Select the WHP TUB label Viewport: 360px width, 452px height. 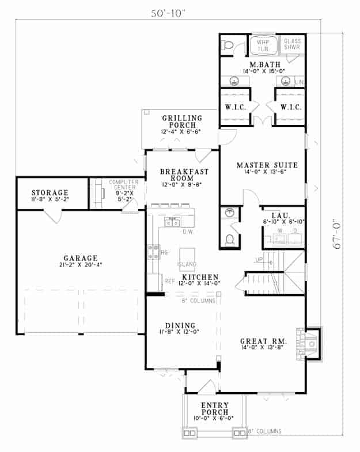[263, 45]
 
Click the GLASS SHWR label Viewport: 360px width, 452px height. [293, 45]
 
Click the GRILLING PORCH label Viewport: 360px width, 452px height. [181, 121]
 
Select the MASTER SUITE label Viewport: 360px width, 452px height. [262, 166]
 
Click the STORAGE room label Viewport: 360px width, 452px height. [50, 192]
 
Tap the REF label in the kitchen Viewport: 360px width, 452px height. [169, 282]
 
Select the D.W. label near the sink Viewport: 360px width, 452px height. [187, 233]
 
